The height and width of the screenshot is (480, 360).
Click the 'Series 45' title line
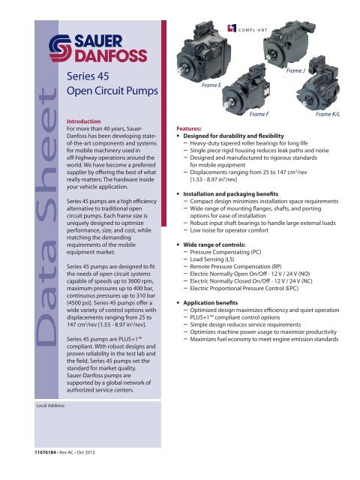click(x=88, y=76)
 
